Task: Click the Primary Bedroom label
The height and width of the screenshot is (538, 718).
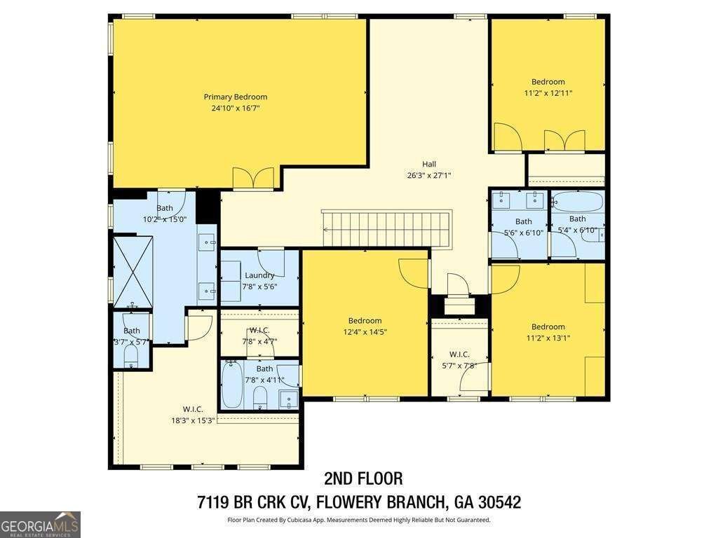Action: coord(236,97)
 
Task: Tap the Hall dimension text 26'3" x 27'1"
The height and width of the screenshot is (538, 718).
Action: coord(429,175)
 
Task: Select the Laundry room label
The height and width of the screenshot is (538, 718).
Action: coord(259,275)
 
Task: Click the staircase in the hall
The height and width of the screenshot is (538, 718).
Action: coord(387,228)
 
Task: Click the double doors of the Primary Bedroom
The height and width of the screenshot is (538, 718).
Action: coord(253,178)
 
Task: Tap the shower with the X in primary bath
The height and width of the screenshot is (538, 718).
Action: coord(133,272)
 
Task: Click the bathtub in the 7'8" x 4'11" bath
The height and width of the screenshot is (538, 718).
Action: coord(233,385)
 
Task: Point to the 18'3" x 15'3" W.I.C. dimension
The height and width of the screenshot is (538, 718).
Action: coord(193,421)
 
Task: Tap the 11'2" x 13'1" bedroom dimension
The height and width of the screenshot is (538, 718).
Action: coord(548,338)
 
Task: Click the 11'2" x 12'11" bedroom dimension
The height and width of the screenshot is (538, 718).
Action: coord(548,93)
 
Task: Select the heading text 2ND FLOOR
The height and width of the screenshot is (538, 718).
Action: coord(364,478)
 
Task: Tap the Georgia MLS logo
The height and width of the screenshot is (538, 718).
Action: coord(40,525)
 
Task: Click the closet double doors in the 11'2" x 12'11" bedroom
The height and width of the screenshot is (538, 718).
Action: coord(564,140)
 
